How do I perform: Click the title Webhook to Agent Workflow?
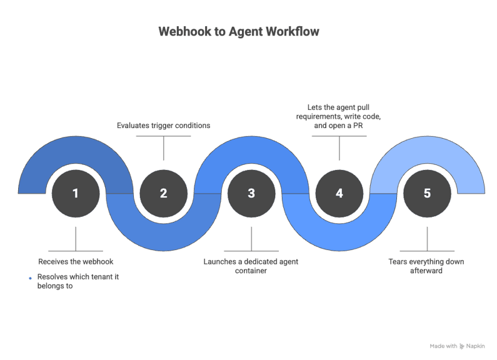[238, 31]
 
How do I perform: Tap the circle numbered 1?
[76, 193]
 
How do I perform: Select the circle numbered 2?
[163, 193]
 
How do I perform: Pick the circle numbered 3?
[251, 193]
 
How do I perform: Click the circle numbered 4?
[339, 193]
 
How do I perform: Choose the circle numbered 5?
[427, 193]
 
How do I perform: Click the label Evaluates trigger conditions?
[163, 125]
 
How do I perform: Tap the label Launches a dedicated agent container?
[251, 266]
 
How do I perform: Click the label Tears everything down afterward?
[427, 266]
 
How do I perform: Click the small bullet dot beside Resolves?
[30, 278]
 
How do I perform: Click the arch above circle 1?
[76, 144]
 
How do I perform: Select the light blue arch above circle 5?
[427, 144]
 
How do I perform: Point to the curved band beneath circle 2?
[163, 241]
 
